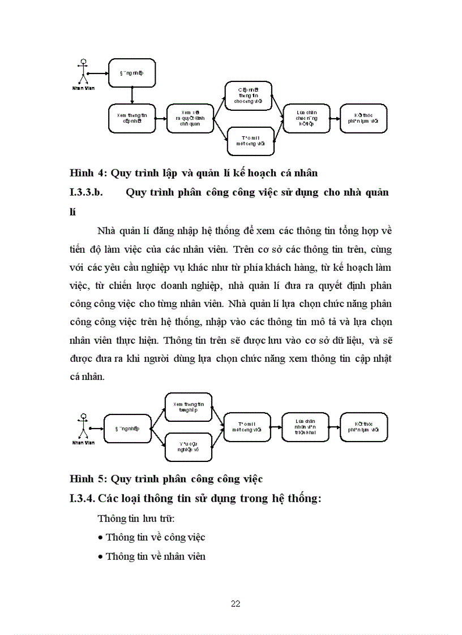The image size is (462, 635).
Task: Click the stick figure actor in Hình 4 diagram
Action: [83, 72]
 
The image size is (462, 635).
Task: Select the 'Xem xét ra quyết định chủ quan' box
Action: [190, 118]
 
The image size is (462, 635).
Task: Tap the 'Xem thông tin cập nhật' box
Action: [131, 118]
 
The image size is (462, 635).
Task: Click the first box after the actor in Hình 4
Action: [131, 72]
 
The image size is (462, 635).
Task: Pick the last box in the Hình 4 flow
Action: [363, 118]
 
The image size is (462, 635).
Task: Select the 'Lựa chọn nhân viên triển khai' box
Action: [305, 426]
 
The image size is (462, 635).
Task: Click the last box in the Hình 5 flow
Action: [363, 426]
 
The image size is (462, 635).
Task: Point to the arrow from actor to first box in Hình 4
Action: [100, 72]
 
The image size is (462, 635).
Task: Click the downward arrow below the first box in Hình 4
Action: [131, 95]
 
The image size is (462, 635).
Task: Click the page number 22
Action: [236, 603]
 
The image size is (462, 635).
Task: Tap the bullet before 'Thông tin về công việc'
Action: [100, 538]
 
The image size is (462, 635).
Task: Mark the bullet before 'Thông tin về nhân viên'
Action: [100, 557]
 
